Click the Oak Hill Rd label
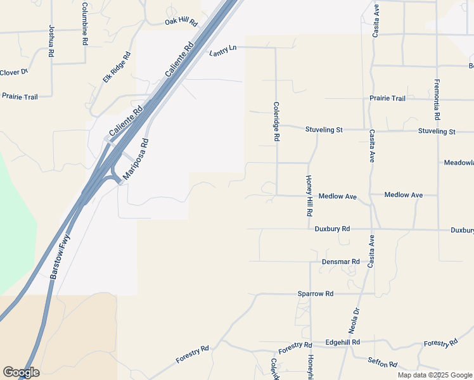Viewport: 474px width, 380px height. [x=181, y=22]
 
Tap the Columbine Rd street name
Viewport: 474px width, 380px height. [x=84, y=23]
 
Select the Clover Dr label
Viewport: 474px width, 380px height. [x=14, y=72]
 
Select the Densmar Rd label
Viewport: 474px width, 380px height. [x=341, y=261]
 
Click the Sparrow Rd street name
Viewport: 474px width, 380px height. [x=316, y=294]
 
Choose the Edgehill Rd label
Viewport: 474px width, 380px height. [x=342, y=342]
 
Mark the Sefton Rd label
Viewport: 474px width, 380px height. [x=382, y=364]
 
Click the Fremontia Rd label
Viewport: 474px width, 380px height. [x=437, y=100]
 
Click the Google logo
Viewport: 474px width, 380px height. [x=21, y=372]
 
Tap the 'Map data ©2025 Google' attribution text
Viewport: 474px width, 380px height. [x=434, y=375]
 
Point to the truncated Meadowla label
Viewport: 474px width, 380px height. [x=459, y=163]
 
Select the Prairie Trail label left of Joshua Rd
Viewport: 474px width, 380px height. [x=20, y=97]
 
